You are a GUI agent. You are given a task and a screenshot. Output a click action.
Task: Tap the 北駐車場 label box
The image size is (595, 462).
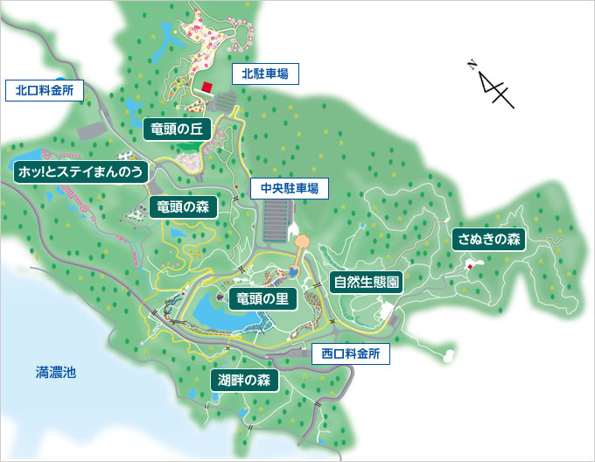[265, 73]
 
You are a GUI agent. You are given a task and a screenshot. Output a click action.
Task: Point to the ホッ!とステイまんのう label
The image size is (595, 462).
[80, 171]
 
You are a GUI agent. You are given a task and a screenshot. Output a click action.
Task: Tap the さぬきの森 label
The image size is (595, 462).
[489, 239]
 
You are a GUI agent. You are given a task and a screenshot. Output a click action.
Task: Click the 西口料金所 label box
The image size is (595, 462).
[350, 354]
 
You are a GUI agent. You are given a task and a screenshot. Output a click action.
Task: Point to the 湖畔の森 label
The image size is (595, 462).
[244, 380]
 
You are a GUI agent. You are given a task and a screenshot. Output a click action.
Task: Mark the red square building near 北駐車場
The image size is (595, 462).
[207, 87]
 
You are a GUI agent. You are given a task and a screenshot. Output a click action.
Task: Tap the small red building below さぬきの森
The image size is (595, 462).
[470, 266]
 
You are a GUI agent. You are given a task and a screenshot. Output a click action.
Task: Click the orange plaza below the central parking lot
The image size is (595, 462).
[302, 241]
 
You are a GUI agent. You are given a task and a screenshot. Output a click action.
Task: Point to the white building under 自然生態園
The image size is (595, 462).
[386, 311]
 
